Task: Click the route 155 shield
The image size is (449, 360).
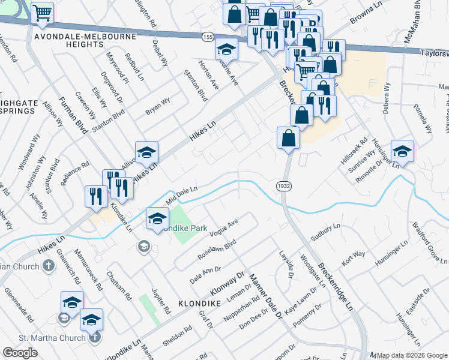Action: coord(208,37)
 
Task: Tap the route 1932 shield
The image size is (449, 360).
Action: coord(285,187)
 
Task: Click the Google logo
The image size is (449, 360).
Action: coord(20,353)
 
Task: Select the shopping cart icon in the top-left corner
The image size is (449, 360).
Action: coord(42,13)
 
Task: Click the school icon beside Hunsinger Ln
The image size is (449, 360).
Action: coord(402,151)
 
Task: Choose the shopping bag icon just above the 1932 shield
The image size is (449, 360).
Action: coord(289,137)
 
